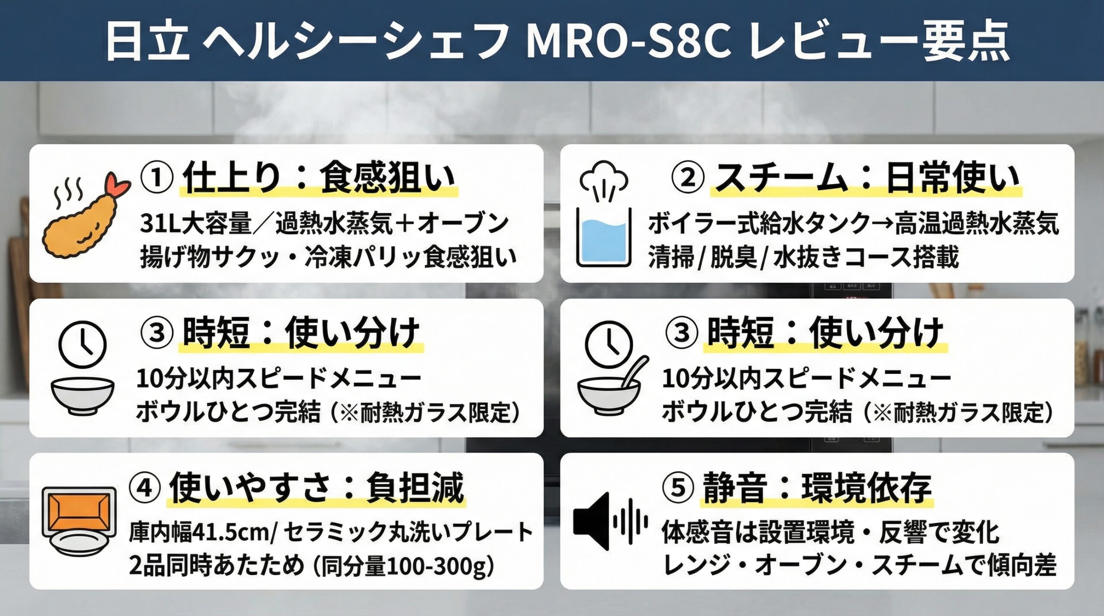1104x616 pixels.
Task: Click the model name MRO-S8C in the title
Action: [x=628, y=42]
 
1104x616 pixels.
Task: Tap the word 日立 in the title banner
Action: [x=148, y=42]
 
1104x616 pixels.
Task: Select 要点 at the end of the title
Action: [x=965, y=42]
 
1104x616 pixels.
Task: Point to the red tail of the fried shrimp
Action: [x=117, y=185]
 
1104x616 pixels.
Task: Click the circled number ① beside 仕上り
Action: [x=157, y=178]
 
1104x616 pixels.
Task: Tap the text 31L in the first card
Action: [x=160, y=224]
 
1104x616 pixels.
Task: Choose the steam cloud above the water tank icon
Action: [x=603, y=178]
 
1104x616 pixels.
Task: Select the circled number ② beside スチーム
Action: [x=687, y=178]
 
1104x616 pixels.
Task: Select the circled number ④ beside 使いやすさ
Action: [x=144, y=488]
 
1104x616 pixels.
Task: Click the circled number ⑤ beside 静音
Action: [x=678, y=488]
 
